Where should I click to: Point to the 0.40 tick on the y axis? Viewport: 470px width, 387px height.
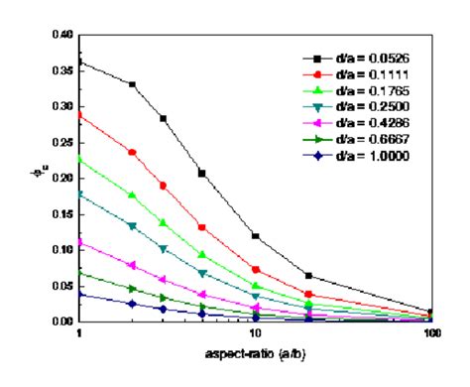(61, 35)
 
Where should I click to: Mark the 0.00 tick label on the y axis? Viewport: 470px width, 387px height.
(61, 322)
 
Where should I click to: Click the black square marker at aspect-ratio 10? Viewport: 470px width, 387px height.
(256, 236)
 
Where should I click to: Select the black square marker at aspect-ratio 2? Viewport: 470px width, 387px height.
(132, 84)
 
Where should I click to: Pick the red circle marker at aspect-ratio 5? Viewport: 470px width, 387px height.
(202, 227)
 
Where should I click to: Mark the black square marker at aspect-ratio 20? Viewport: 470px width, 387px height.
(308, 275)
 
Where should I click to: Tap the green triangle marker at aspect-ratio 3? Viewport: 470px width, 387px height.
(163, 223)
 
